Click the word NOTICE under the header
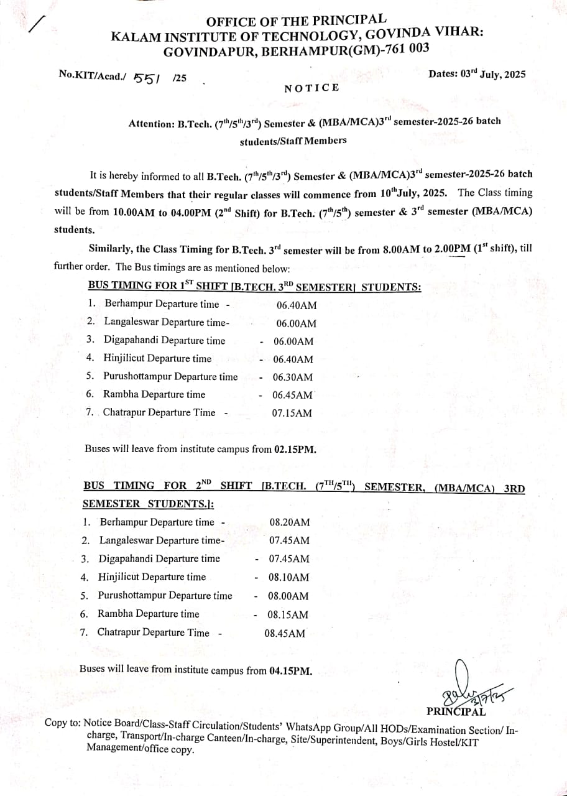click(311, 88)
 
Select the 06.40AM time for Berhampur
click(296, 305)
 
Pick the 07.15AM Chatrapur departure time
click(292, 413)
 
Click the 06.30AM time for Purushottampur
click(293, 377)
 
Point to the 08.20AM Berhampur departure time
click(289, 522)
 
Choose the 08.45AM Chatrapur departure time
click(285, 634)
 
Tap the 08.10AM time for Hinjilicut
click(288, 577)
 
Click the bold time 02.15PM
click(295, 449)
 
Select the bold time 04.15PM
click(290, 671)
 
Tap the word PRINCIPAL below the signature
click(456, 711)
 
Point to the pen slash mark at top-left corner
click(37, 24)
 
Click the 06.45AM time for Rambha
click(293, 395)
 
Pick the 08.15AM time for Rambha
click(288, 614)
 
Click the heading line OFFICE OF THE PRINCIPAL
click(296, 21)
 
